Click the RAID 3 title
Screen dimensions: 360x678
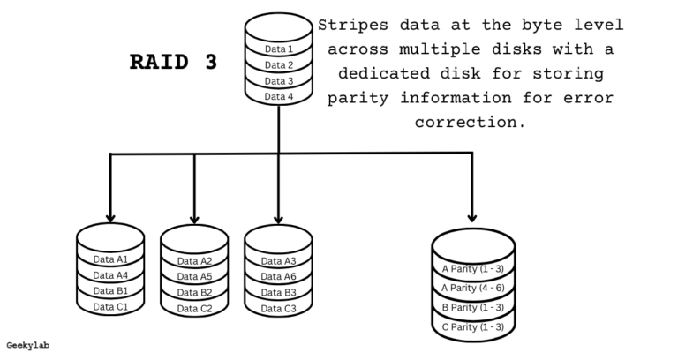click(x=173, y=63)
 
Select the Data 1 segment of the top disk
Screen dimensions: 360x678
click(x=279, y=49)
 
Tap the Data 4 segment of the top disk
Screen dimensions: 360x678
click(x=279, y=96)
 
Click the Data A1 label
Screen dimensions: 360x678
click(x=110, y=259)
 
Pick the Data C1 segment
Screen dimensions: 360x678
click(x=110, y=307)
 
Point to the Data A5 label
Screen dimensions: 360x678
click(x=194, y=276)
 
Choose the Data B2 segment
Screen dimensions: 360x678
click(x=194, y=292)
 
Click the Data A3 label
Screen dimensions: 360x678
click(x=278, y=260)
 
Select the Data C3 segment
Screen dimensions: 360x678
click(x=278, y=308)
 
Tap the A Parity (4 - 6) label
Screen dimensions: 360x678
click(x=473, y=288)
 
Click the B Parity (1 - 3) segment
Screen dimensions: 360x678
click(x=473, y=307)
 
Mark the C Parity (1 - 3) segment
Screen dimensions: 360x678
click(x=473, y=327)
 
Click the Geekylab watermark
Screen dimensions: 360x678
click(x=27, y=345)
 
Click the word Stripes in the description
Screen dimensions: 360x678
click(x=353, y=25)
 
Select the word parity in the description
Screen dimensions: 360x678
click(x=358, y=97)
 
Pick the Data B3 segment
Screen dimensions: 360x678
click(x=278, y=292)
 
